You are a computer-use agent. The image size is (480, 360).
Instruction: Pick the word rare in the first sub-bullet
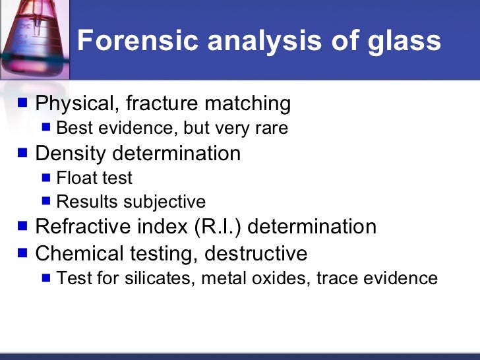272,128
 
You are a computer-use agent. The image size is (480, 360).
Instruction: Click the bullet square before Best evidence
46,127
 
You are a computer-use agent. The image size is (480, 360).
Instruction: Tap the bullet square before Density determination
24,153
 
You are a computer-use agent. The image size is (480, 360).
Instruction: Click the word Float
75,178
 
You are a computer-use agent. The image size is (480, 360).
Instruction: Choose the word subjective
167,202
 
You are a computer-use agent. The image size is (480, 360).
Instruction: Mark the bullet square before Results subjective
46,202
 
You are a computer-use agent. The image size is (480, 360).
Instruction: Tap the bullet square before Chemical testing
24,253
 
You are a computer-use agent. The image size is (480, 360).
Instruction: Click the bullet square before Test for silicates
46,278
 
